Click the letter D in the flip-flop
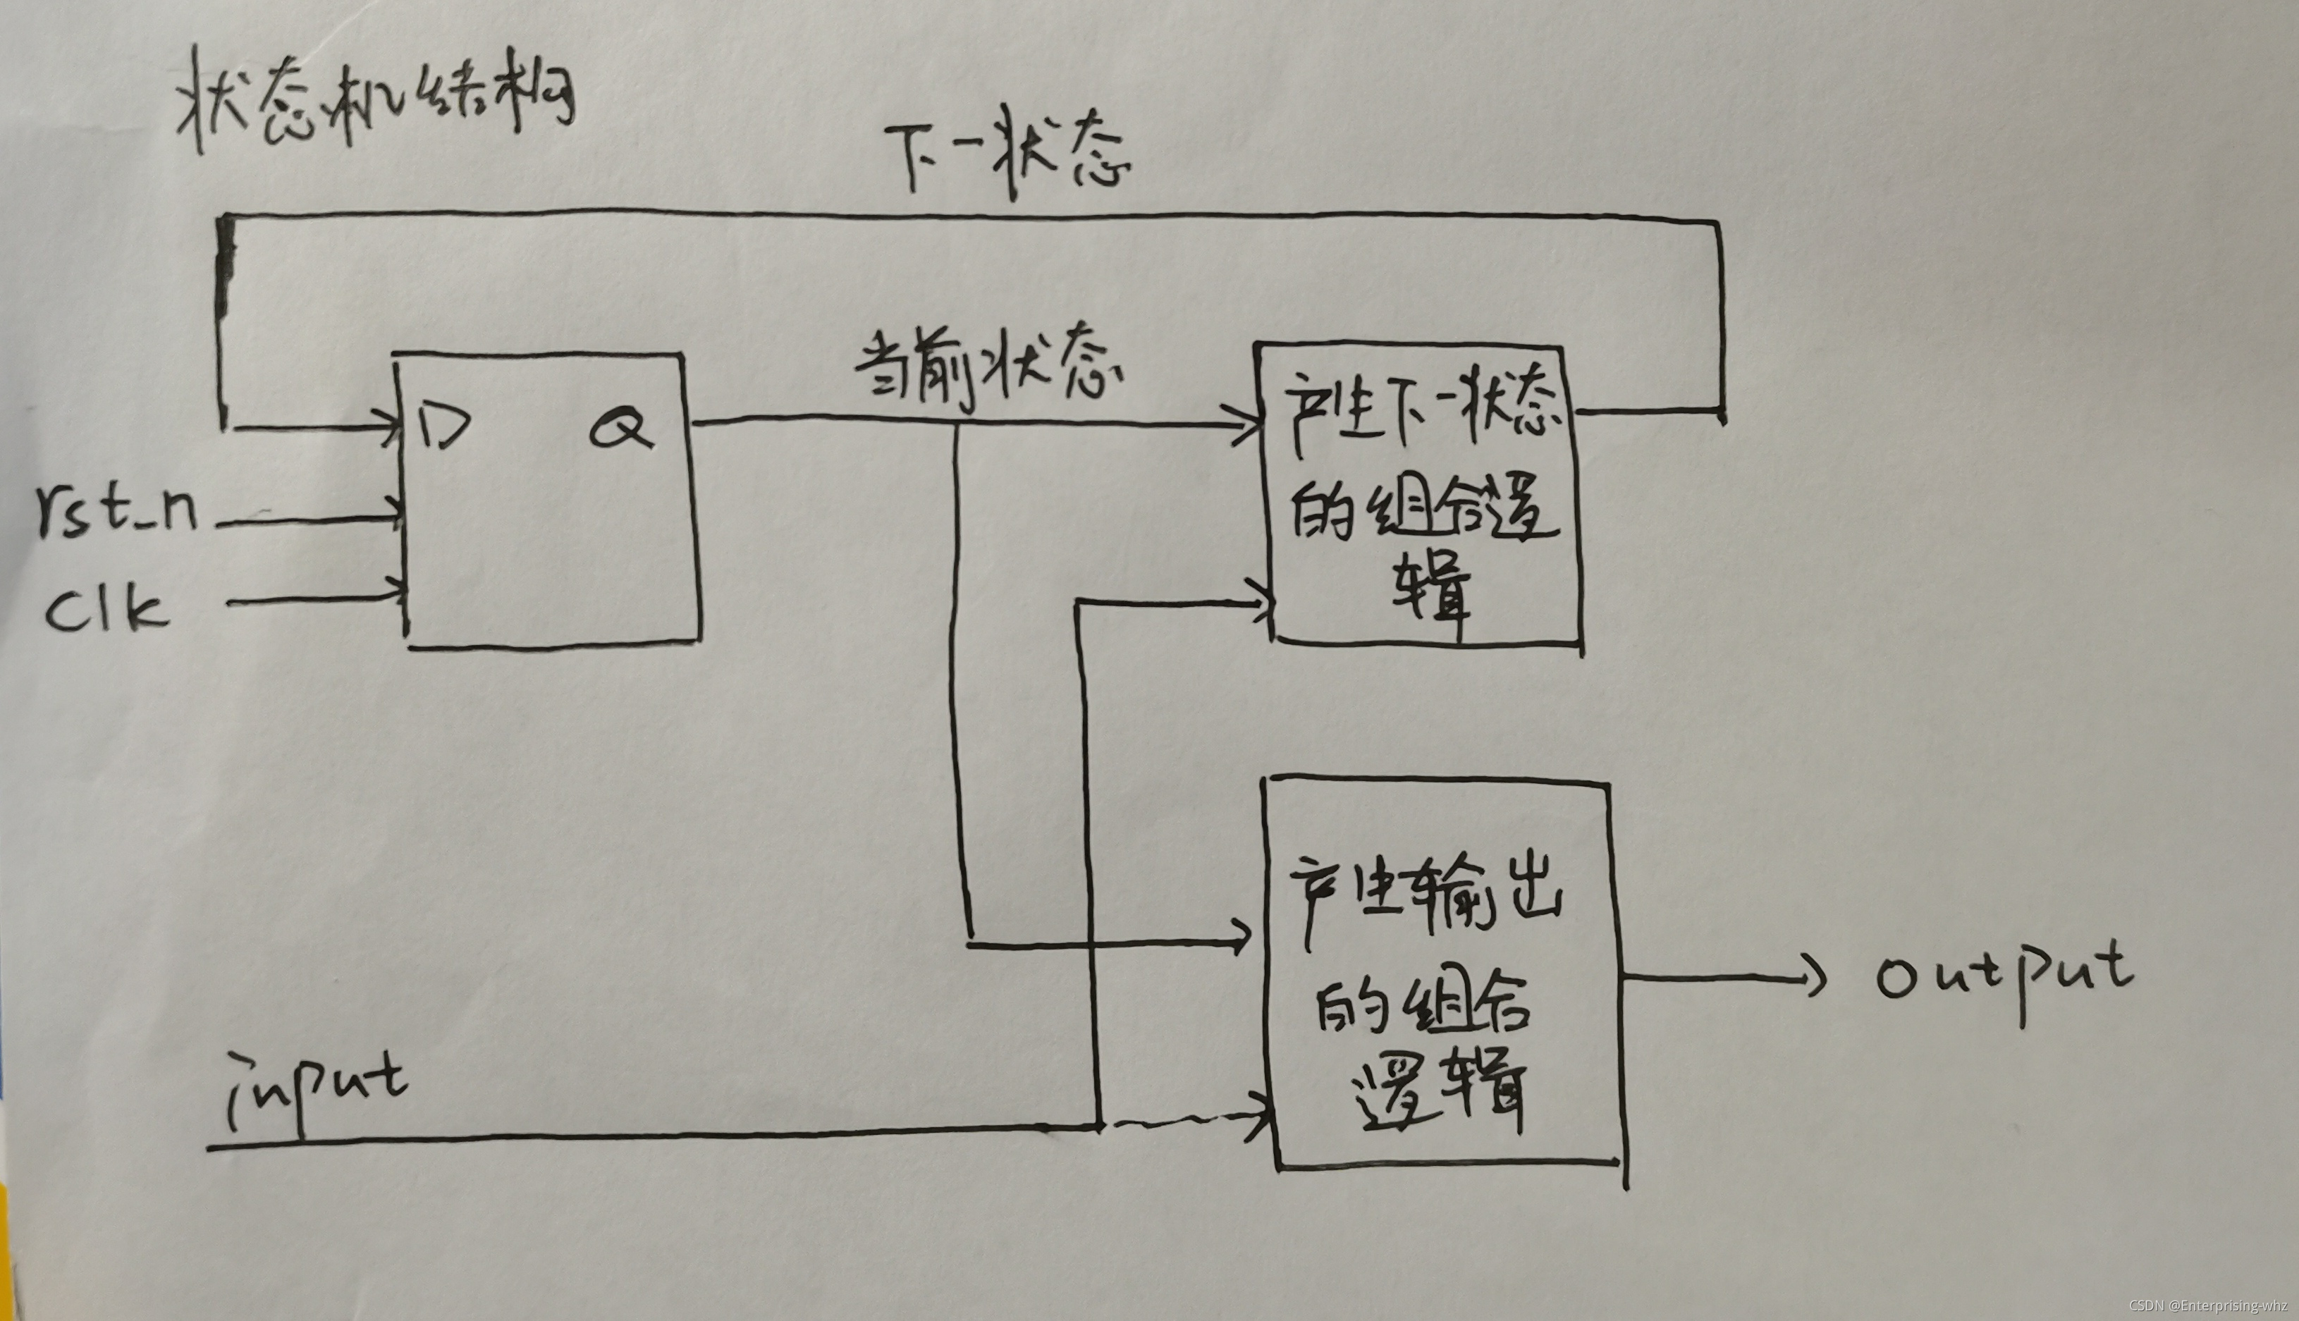pos(445,424)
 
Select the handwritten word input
pos(317,1089)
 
